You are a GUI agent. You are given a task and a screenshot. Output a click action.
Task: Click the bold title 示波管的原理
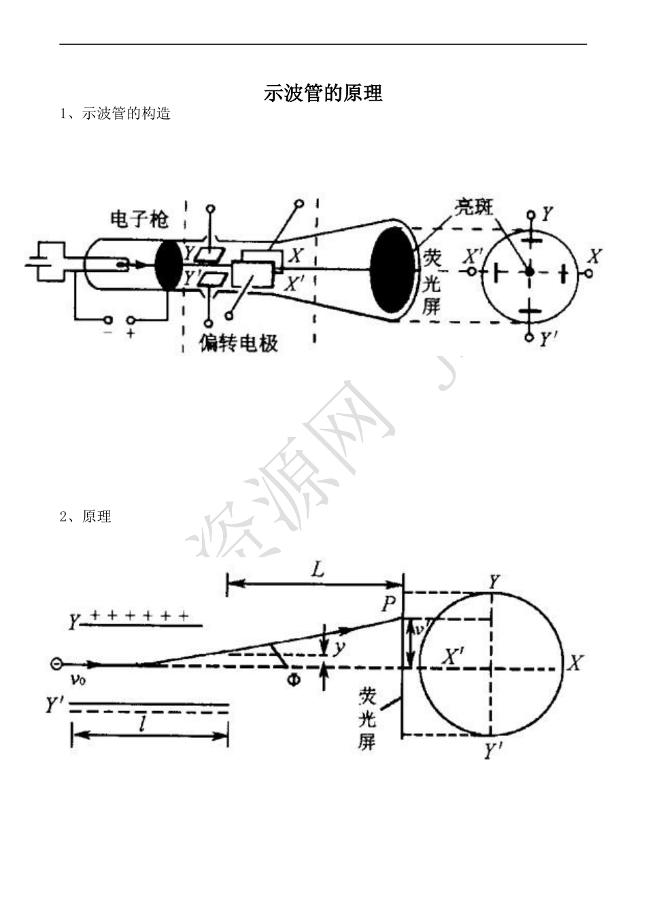pos(323,93)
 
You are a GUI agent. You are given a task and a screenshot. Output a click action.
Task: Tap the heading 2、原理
pos(85,516)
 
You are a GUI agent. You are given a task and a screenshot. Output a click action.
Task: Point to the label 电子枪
pos(139,220)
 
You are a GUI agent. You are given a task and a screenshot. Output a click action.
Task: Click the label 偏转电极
pos(239,343)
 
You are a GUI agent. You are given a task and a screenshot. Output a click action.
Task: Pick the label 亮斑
pos(474,207)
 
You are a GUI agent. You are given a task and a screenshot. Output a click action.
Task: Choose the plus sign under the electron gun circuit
pos(131,334)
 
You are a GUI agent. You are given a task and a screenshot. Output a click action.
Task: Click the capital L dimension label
pos(318,569)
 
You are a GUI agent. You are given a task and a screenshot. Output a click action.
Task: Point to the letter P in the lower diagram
pos(388,603)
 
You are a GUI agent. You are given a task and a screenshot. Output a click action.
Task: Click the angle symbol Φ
pos(293,678)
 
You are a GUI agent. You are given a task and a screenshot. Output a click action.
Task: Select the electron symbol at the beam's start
pos(56,663)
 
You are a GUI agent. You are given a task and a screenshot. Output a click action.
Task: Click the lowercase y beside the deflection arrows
pos(338,648)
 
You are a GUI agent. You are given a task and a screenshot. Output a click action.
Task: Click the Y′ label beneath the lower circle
pos(493,751)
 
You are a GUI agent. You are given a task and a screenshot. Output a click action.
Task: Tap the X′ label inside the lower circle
pos(453,656)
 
